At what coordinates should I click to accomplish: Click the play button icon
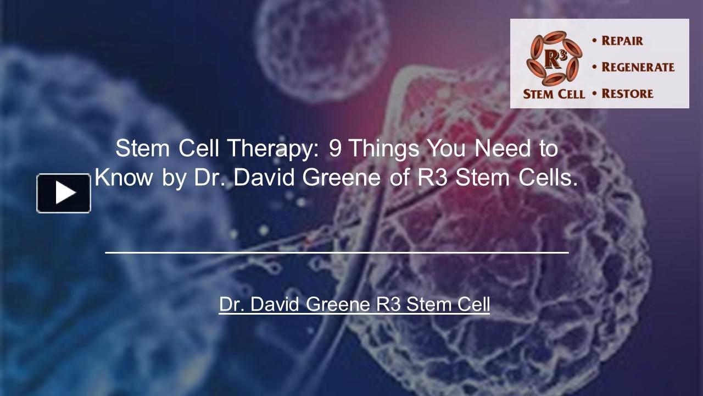64,193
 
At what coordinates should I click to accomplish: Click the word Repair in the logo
622,41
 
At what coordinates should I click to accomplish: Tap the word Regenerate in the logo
638,67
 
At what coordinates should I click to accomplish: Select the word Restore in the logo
627,94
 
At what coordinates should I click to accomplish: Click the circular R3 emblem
554,58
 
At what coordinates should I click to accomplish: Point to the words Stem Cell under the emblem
554,94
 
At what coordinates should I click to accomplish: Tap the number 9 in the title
334,148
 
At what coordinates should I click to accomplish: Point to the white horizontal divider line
337,252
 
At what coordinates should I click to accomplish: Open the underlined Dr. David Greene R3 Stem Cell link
354,304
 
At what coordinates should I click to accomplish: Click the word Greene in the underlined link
337,304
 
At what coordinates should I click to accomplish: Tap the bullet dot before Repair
594,41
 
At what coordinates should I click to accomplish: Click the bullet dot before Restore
594,94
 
